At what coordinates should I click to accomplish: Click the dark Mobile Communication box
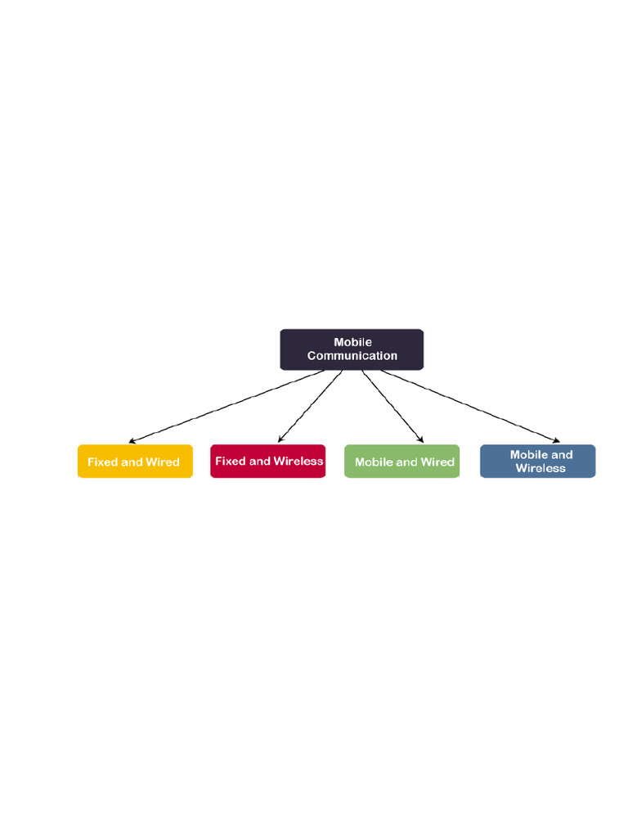point(352,349)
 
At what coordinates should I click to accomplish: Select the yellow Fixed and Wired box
point(135,462)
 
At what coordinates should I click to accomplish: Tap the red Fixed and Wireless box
point(268,462)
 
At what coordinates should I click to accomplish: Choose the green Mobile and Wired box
point(402,462)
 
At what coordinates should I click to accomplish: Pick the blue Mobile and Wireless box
point(537,462)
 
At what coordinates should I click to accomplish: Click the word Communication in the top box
point(352,356)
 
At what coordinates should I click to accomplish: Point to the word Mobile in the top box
point(352,342)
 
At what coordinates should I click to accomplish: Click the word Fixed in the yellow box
point(102,462)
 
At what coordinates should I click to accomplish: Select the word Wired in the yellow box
point(162,462)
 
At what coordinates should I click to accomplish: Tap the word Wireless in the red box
point(298,462)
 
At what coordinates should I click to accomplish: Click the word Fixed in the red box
point(230,462)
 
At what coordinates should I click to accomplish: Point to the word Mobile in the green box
point(374,462)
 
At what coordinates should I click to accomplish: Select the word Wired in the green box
point(437,462)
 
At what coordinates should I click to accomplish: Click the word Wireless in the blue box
point(541,468)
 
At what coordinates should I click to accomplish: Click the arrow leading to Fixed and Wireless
point(310,407)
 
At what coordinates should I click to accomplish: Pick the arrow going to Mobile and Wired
point(392,407)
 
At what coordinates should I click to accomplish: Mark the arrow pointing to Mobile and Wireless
point(470,407)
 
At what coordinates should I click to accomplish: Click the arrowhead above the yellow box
point(132,442)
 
